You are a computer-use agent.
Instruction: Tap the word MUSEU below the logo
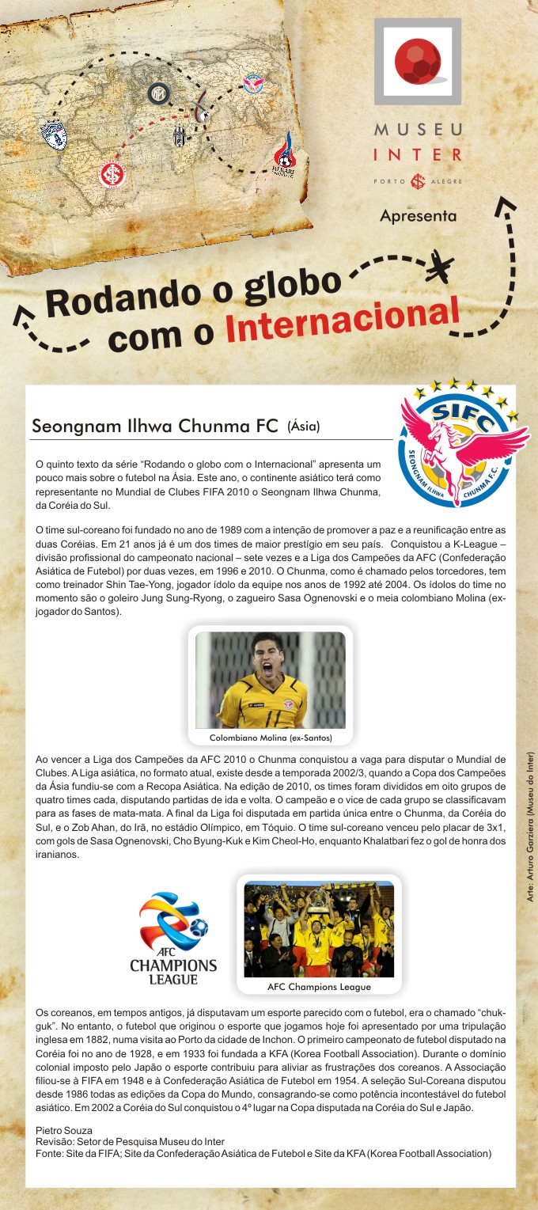click(x=418, y=129)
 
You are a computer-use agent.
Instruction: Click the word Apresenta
click(x=418, y=215)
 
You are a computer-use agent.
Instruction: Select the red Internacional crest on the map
click(x=113, y=173)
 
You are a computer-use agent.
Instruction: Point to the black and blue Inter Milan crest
click(x=159, y=93)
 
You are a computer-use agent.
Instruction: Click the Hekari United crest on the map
click(x=285, y=154)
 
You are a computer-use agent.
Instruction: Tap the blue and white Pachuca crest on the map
click(x=55, y=135)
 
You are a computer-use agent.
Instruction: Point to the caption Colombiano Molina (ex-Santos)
click(x=271, y=738)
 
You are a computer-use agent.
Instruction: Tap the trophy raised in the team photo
click(x=320, y=900)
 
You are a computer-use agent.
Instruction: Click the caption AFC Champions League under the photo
click(x=319, y=987)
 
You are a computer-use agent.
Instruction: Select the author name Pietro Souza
click(x=64, y=1130)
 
